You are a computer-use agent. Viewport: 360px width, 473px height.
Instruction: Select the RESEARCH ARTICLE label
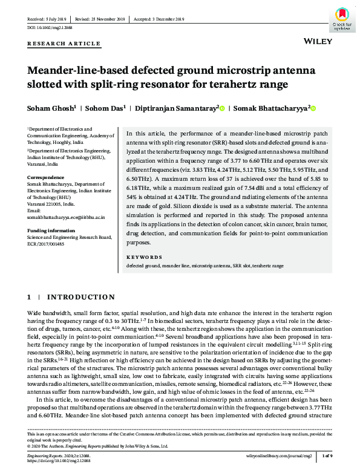(x=64, y=44)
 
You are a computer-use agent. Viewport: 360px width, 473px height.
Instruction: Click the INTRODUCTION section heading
(x=80, y=298)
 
